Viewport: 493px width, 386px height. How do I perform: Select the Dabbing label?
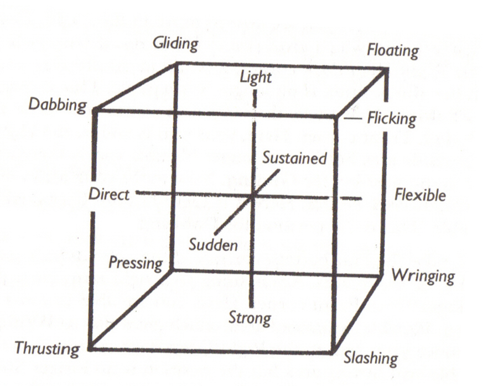click(x=58, y=105)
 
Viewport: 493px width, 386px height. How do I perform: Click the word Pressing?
click(x=136, y=263)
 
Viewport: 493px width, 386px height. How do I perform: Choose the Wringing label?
click(x=423, y=277)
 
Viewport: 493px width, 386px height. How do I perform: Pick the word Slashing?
click(x=371, y=358)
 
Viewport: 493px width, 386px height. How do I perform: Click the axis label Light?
click(x=256, y=77)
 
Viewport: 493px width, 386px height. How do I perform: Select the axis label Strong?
click(x=250, y=319)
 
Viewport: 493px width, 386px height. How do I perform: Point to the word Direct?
click(x=109, y=195)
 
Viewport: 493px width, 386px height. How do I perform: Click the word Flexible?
click(x=421, y=195)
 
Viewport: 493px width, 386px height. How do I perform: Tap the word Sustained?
click(x=294, y=158)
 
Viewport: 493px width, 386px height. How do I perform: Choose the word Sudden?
click(x=213, y=244)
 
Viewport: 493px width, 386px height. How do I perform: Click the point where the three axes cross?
click(x=252, y=196)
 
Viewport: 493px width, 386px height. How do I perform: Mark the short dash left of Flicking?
click(x=352, y=119)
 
